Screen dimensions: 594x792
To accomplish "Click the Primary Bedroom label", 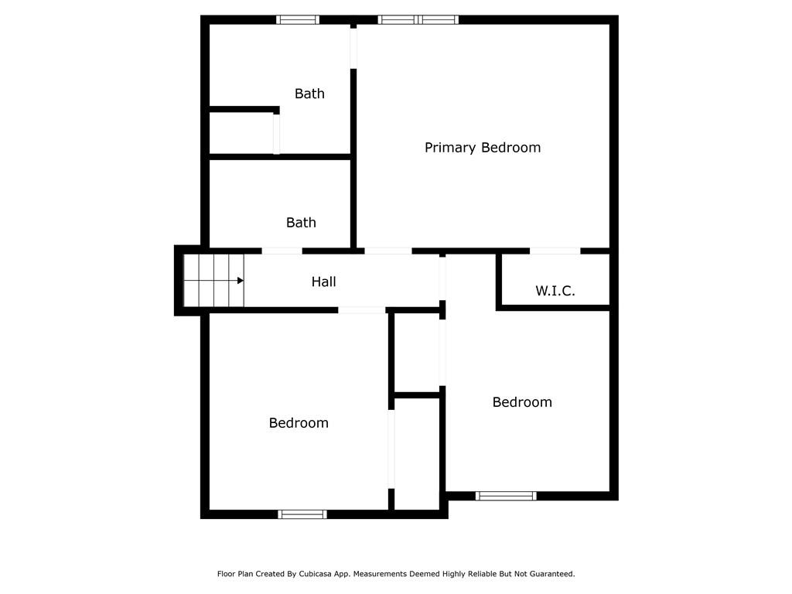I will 482,147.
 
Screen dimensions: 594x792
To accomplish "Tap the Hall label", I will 323,282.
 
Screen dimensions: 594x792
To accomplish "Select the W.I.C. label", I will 555,291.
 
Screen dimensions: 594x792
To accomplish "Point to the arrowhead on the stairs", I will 241,281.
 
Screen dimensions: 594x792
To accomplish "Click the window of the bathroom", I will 298,19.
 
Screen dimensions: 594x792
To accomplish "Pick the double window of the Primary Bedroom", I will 418,19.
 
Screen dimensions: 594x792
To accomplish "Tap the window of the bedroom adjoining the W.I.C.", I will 506,496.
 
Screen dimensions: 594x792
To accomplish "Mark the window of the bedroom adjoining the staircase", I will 302,514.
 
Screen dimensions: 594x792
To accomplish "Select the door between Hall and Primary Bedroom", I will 387,251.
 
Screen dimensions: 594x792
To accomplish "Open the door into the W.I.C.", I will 555,251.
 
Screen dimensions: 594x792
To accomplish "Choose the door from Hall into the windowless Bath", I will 282,251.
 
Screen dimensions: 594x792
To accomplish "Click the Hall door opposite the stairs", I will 442,278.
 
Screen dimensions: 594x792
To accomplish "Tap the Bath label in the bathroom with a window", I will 309,94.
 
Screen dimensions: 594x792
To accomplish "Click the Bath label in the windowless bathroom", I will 301,223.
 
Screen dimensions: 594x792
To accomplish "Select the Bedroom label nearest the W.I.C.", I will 522,402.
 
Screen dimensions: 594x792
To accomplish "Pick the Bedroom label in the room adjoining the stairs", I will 299,423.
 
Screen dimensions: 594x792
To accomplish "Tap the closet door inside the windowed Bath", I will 276,134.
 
